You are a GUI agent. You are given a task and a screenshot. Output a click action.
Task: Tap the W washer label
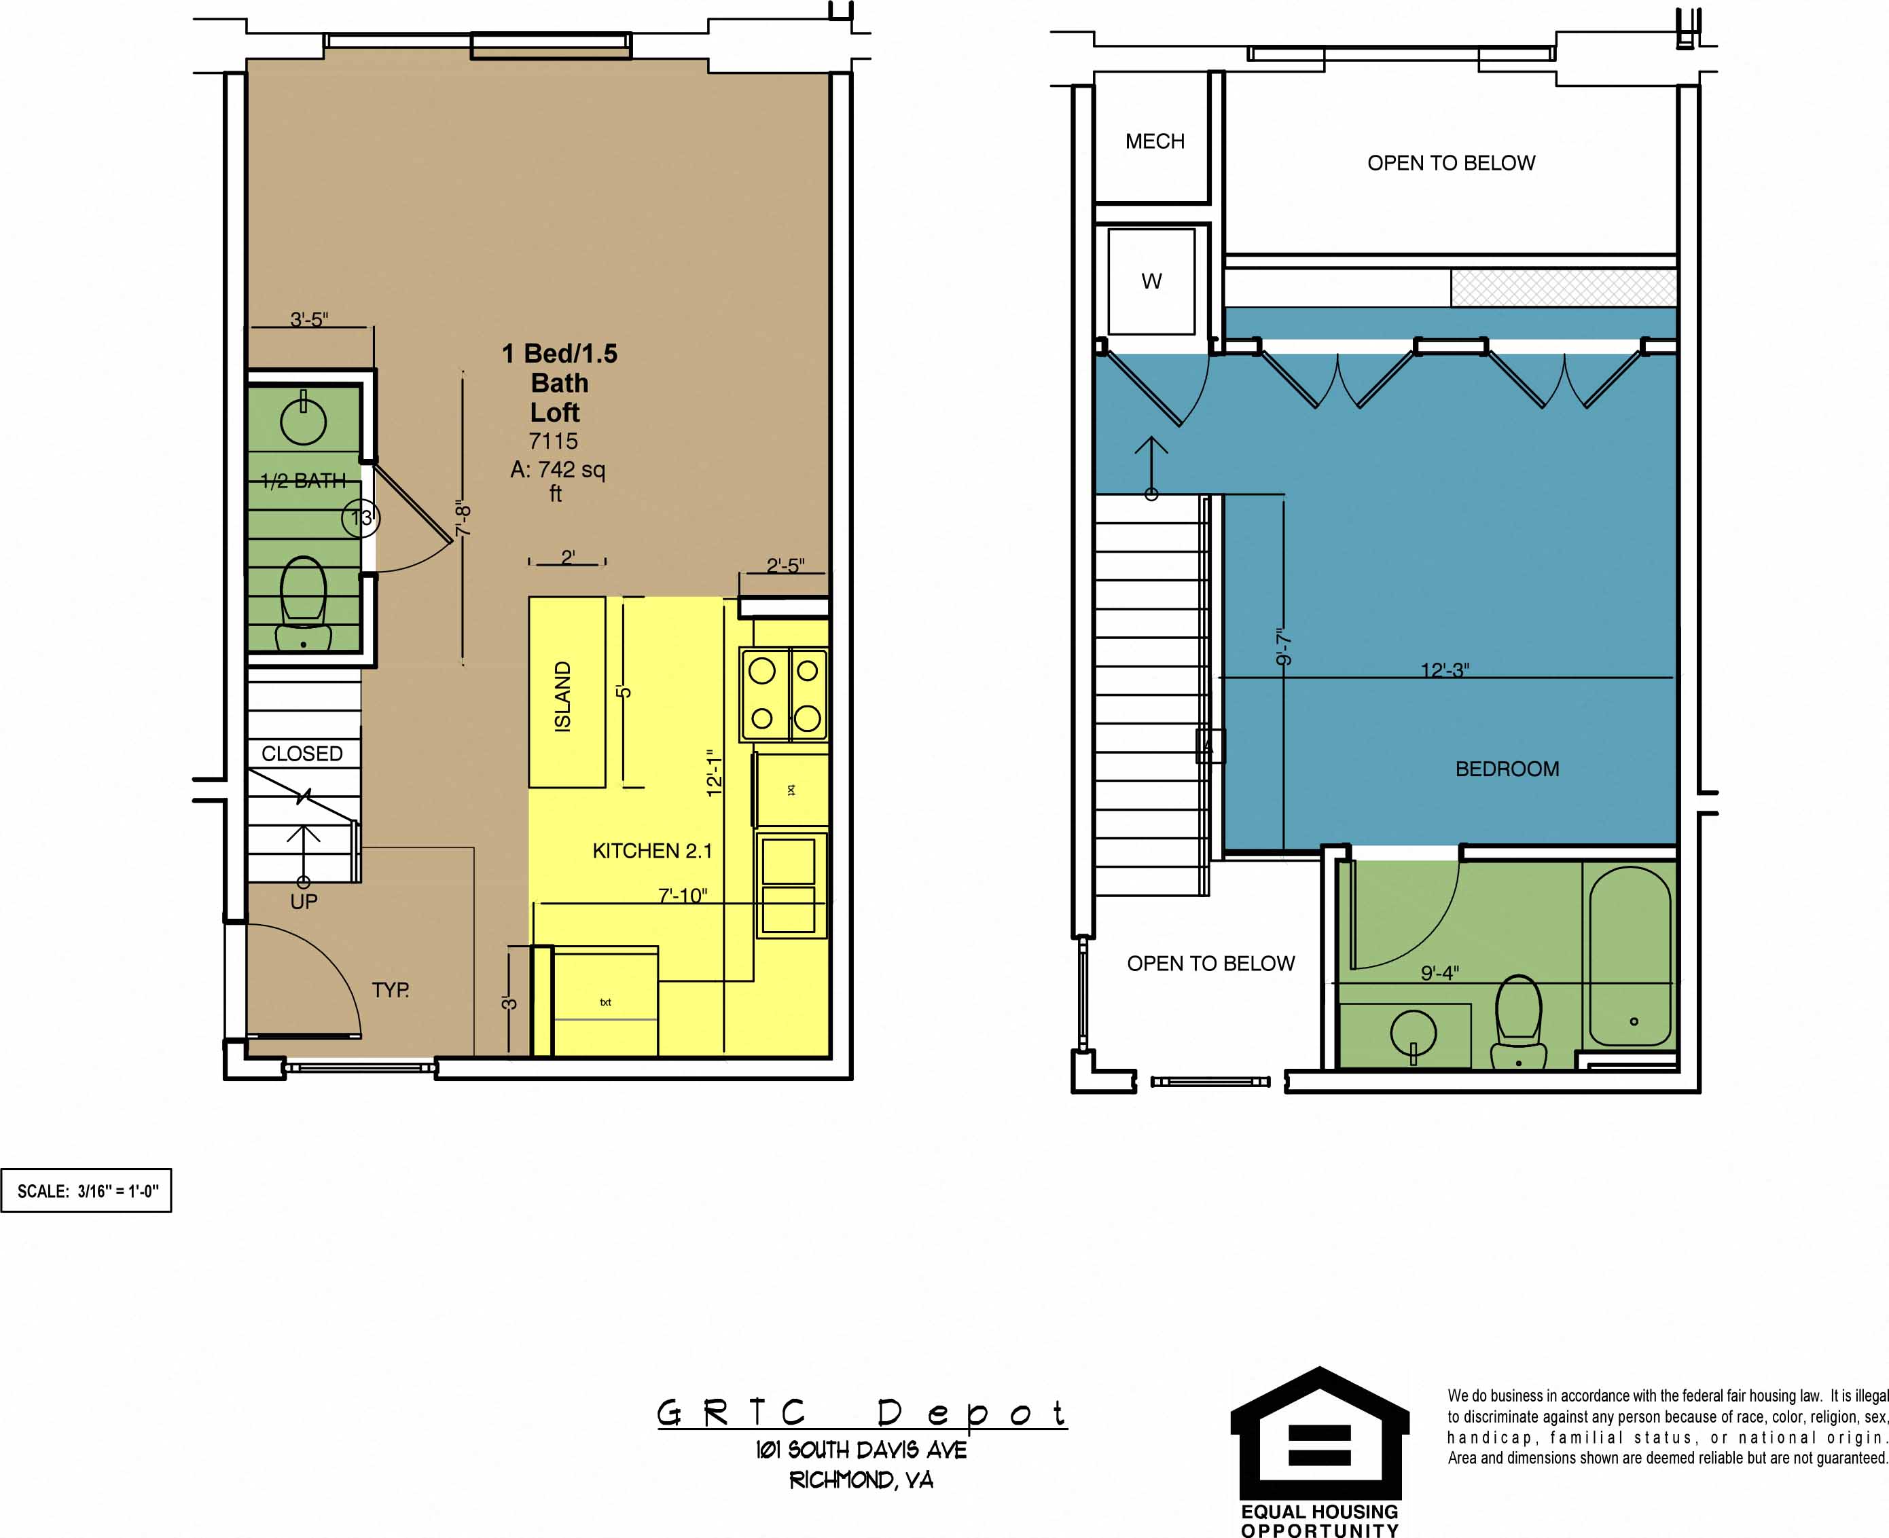[1151, 282]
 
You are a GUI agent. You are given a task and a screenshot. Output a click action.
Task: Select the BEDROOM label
[1507, 769]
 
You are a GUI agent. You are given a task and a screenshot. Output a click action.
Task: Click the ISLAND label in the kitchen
[562, 697]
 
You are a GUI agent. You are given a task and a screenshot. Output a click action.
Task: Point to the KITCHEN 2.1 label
[652, 851]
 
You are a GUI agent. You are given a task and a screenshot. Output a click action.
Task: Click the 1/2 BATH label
[303, 481]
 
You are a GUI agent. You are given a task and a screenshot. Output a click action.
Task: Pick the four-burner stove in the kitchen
[784, 695]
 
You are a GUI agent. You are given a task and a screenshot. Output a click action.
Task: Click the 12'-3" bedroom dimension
[1444, 671]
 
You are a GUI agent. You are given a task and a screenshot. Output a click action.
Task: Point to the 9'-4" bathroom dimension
[1440, 973]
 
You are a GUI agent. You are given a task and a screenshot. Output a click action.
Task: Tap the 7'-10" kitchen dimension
[682, 896]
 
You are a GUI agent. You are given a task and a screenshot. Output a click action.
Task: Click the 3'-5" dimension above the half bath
[309, 319]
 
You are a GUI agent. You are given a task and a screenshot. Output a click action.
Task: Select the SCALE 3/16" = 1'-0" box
[86, 1191]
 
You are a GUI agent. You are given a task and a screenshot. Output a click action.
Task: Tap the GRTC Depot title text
[861, 1412]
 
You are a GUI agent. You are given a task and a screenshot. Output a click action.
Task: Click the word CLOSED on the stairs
[302, 754]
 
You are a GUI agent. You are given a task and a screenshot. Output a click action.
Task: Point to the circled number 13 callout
[361, 518]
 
